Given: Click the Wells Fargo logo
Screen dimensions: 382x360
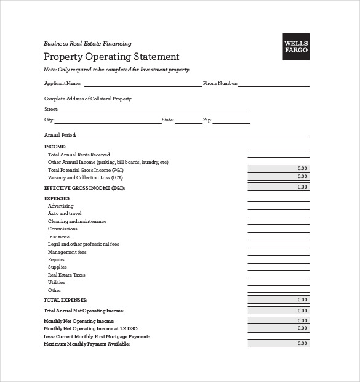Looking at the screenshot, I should [x=296, y=47].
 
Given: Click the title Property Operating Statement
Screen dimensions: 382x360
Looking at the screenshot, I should [x=111, y=57].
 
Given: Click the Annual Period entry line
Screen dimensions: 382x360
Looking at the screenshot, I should [x=193, y=135].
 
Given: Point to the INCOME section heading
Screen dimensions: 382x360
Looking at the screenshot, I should [x=55, y=146].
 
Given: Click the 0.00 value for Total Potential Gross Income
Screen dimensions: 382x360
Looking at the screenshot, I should [x=302, y=168].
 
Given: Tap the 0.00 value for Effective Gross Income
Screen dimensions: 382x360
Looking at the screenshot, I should [x=302, y=186].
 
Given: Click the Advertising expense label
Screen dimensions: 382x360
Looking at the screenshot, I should [x=60, y=206].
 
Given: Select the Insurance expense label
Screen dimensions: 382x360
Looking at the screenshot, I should [x=58, y=237].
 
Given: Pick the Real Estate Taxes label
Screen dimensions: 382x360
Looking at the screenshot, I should [x=66, y=275].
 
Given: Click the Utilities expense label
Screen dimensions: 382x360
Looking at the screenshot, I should [x=57, y=282].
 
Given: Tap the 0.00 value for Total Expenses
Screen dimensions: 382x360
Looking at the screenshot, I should [x=302, y=299].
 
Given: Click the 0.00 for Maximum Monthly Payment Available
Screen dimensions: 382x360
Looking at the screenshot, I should [x=302, y=344].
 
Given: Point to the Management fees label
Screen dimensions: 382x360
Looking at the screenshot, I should [x=67, y=252].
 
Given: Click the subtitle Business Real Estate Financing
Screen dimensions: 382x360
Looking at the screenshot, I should [x=87, y=43].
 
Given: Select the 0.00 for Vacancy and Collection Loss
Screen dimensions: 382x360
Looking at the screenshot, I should [x=302, y=177].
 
